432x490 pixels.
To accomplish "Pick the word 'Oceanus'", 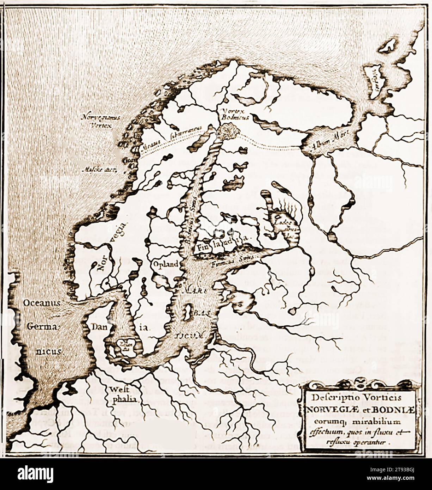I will (42, 303).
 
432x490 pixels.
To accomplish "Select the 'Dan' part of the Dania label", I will (100, 326).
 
